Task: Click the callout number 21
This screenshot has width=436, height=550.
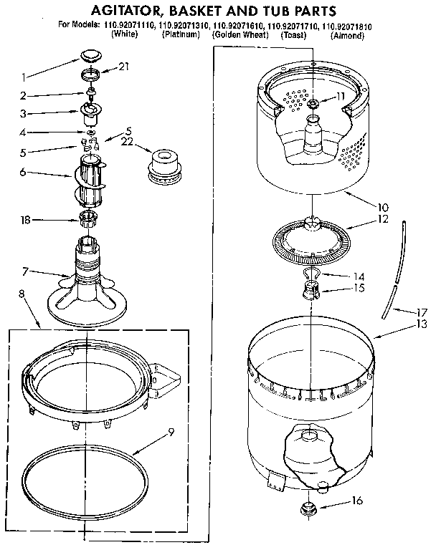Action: [124, 67]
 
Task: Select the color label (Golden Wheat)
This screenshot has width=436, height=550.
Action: [240, 35]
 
